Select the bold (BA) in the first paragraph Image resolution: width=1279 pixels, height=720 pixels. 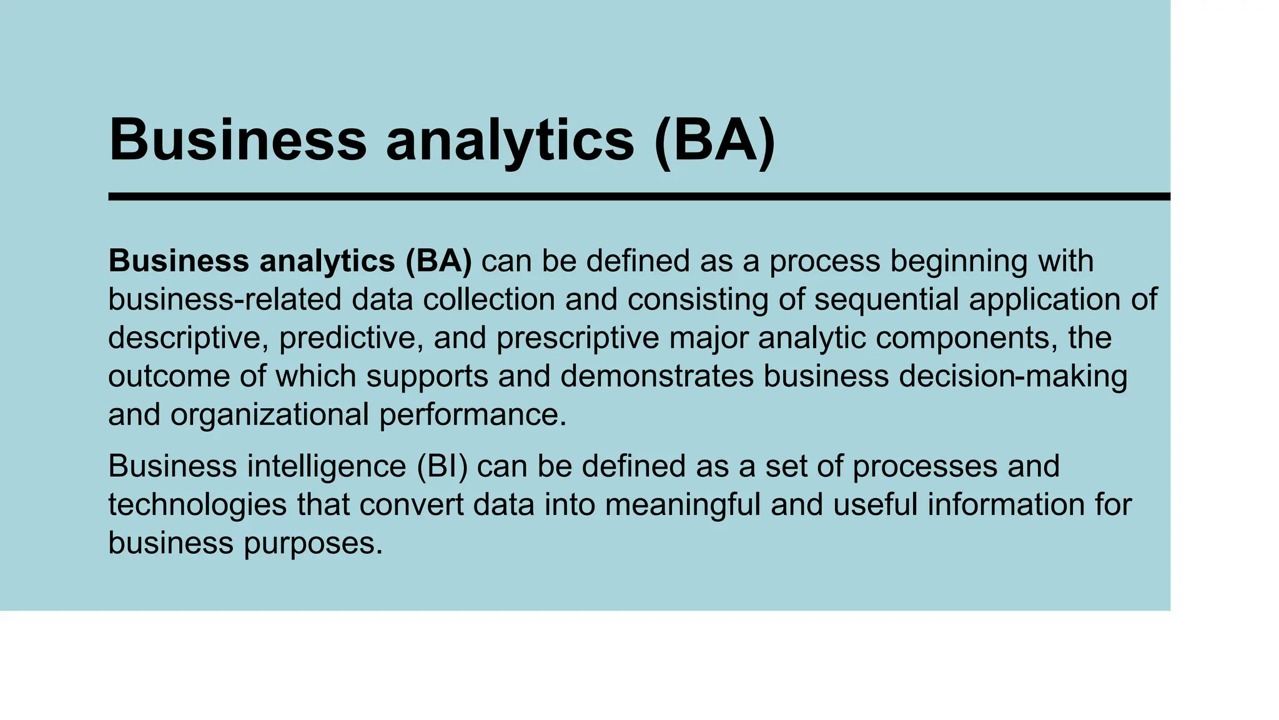point(438,261)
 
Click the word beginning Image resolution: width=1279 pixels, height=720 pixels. point(958,261)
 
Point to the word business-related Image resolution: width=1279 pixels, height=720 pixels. point(224,299)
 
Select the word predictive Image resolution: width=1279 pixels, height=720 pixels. point(351,338)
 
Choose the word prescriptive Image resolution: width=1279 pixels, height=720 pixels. point(578,338)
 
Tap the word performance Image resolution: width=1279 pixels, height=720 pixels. point(472,415)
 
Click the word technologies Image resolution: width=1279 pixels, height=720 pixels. point(197,505)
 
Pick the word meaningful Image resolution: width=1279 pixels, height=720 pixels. point(683,505)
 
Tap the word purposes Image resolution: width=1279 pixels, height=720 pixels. point(312,543)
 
